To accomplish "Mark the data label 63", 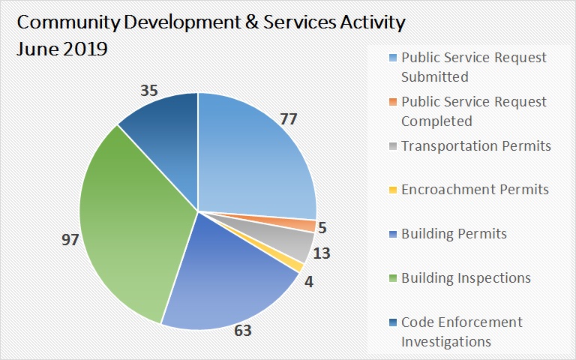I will (x=243, y=331).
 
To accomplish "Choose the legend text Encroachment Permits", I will (x=475, y=189).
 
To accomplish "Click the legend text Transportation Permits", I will (x=475, y=145).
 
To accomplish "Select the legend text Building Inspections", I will (x=466, y=277).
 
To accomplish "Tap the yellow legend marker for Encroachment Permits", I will (x=392, y=189).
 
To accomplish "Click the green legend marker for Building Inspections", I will (x=392, y=278).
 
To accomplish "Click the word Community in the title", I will (x=67, y=22).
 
